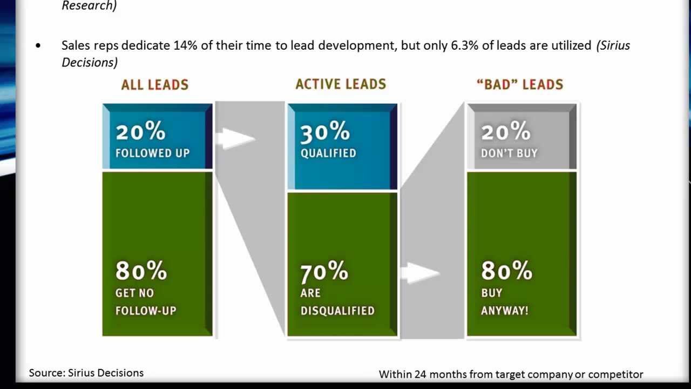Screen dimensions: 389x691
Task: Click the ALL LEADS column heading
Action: pyautogui.click(x=154, y=85)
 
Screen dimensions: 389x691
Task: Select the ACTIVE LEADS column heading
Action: pyautogui.click(x=341, y=84)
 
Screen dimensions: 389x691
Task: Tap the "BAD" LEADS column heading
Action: pyautogui.click(x=520, y=85)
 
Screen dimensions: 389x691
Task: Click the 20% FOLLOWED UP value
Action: pyautogui.click(x=140, y=132)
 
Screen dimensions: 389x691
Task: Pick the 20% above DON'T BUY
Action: pyautogui.click(x=505, y=132)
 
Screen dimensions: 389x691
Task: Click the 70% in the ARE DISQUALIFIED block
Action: pyautogui.click(x=324, y=271)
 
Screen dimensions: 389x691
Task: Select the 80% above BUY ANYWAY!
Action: pyautogui.click(x=506, y=271)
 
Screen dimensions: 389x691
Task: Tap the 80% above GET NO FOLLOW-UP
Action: pyautogui.click(x=141, y=271)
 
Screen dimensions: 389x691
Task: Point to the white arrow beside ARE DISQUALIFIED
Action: pyautogui.click(x=420, y=272)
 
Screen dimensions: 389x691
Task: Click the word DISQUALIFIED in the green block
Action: pyautogui.click(x=337, y=311)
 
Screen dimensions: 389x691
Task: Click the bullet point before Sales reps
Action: pyautogui.click(x=38, y=46)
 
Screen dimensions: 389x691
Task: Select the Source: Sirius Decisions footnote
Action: pyautogui.click(x=86, y=373)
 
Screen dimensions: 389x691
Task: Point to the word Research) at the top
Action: pyautogui.click(x=89, y=6)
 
